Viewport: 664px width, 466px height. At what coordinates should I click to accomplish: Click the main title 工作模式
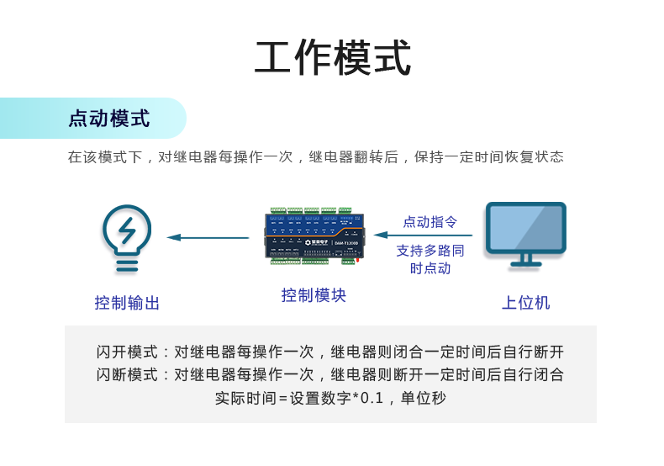333,58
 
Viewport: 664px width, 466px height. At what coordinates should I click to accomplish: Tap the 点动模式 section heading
108,119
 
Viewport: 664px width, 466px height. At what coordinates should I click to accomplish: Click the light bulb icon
127,238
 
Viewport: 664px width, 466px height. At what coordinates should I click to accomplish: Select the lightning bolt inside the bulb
127,230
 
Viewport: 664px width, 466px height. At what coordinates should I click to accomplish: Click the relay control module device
314,236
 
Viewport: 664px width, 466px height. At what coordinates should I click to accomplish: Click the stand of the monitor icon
525,260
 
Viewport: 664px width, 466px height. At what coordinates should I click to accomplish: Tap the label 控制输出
127,303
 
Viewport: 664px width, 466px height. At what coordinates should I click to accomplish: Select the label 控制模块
314,295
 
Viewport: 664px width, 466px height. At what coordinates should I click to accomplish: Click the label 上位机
525,303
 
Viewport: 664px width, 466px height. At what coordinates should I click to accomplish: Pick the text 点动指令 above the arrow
429,222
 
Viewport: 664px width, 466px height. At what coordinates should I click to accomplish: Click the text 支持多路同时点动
429,259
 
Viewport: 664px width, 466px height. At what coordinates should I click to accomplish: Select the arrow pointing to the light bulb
208,237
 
